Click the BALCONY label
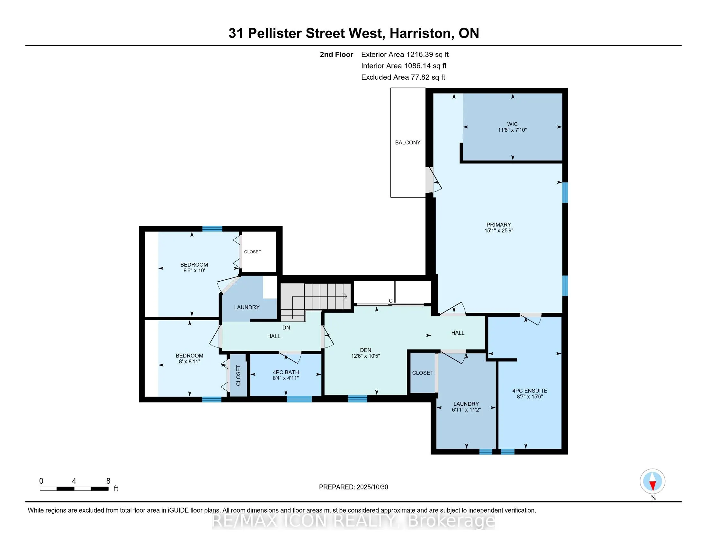pyautogui.click(x=407, y=142)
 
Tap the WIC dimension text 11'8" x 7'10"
pyautogui.click(x=513, y=130)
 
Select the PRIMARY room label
pyautogui.click(x=498, y=225)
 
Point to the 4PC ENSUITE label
pyautogui.click(x=530, y=391)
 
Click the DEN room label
pyautogui.click(x=365, y=350)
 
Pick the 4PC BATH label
pyautogui.click(x=286, y=372)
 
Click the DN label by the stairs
pyautogui.click(x=286, y=328)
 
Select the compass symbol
pyautogui.click(x=653, y=481)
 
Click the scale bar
pyautogui.click(x=74, y=489)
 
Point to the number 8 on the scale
pyautogui.click(x=108, y=481)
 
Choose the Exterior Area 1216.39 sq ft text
pyautogui.click(x=405, y=54)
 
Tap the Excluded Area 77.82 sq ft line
pyautogui.click(x=403, y=77)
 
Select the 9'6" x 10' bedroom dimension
pyautogui.click(x=194, y=270)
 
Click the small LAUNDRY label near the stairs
pyautogui.click(x=247, y=307)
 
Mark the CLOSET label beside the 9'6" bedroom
pyautogui.click(x=253, y=252)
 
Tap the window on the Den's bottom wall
pyautogui.click(x=357, y=399)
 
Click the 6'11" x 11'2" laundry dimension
pyautogui.click(x=466, y=410)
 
